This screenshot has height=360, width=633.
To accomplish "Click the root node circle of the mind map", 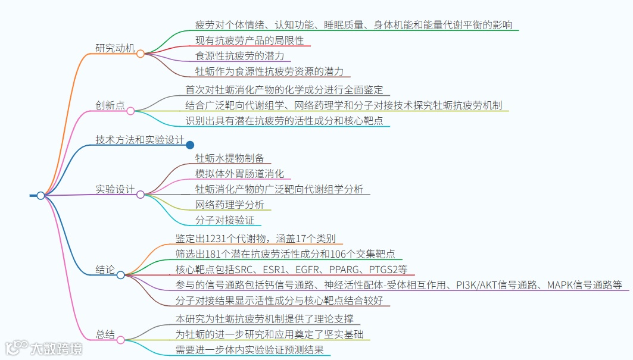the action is (x=40, y=195).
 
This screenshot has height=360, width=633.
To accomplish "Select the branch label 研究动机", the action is (x=115, y=48).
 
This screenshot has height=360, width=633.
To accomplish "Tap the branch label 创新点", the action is (x=110, y=105).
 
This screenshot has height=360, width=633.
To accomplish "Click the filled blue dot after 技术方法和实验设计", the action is (x=190, y=145).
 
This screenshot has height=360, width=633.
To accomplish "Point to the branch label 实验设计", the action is (x=115, y=189).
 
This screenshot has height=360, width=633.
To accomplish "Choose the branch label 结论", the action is (x=105, y=270).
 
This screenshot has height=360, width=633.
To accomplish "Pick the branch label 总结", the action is (x=105, y=334).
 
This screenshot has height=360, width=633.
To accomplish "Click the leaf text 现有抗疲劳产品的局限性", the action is (x=250, y=40).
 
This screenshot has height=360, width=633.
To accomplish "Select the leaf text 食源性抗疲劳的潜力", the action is (x=240, y=56).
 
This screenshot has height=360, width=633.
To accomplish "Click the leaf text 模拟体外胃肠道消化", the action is (x=240, y=173).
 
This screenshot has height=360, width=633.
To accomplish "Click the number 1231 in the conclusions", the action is (x=217, y=239).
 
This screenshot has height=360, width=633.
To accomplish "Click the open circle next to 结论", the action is (x=121, y=275).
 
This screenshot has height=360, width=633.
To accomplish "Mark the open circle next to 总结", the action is (x=121, y=339).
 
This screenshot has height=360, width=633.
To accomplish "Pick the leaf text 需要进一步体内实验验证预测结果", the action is (x=250, y=350).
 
